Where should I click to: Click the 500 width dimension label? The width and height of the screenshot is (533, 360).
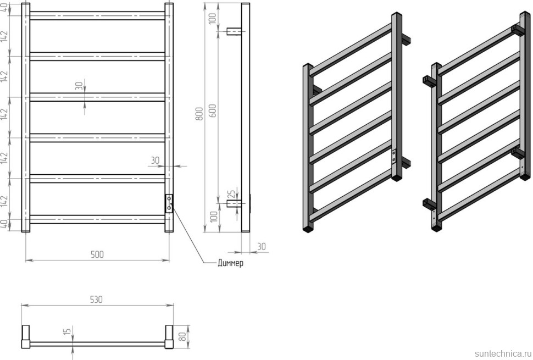pyautogui.click(x=97, y=254)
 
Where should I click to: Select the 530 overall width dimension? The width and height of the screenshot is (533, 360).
pyautogui.click(x=96, y=300)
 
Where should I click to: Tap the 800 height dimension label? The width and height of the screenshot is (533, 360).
pyautogui.click(x=199, y=114)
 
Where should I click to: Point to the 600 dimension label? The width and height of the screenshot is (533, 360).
pyautogui.click(x=212, y=110)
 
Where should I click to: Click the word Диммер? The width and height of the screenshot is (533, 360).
pyautogui.click(x=230, y=263)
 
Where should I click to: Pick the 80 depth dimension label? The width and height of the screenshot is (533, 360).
pyautogui.click(x=182, y=337)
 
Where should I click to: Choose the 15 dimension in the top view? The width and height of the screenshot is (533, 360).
pyautogui.click(x=67, y=331)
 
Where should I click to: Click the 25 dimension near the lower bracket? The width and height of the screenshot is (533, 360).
pyautogui.click(x=231, y=195)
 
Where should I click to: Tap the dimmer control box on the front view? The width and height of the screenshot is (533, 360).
pyautogui.click(x=169, y=203)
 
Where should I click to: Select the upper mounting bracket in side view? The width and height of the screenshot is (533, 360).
pyautogui.click(x=234, y=31)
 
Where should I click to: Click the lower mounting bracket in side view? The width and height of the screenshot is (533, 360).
pyautogui.click(x=234, y=203)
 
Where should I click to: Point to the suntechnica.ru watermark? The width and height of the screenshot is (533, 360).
pyautogui.click(x=502, y=353)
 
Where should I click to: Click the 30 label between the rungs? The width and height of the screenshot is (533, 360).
pyautogui.click(x=79, y=86)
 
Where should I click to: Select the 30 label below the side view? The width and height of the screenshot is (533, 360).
pyautogui.click(x=261, y=246)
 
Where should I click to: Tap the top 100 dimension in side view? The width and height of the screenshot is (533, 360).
pyautogui.click(x=213, y=18)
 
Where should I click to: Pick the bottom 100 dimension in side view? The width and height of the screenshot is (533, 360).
pyautogui.click(x=213, y=217)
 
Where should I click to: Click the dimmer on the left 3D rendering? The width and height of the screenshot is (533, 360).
pyautogui.click(x=394, y=157)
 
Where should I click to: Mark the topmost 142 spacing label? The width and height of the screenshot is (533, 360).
pyautogui.click(x=4, y=36)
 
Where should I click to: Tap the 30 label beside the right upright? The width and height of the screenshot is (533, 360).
pyautogui.click(x=155, y=160)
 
